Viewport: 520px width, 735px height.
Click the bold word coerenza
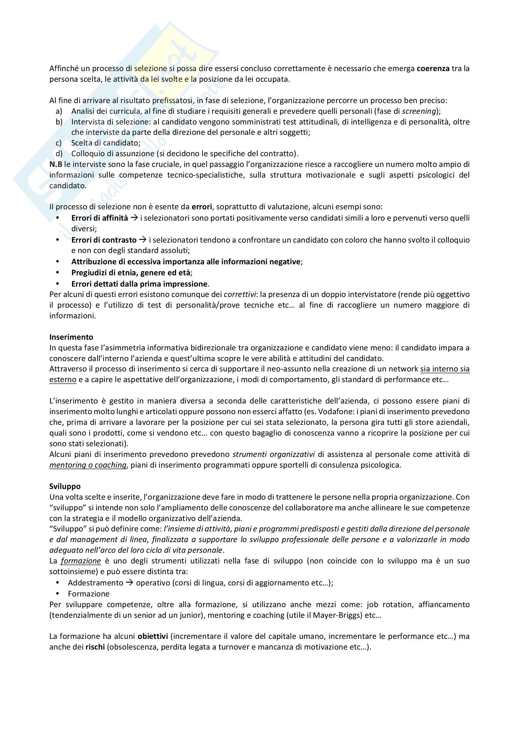click(x=433, y=69)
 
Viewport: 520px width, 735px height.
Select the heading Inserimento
click(x=71, y=337)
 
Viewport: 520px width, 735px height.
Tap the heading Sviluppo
click(x=65, y=486)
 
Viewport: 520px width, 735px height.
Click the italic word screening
click(x=419, y=111)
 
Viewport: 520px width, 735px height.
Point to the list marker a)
click(x=59, y=111)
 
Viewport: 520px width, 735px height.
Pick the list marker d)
click(x=59, y=154)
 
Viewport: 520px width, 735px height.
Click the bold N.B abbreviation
click(x=56, y=165)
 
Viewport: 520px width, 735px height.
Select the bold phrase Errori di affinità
click(x=100, y=218)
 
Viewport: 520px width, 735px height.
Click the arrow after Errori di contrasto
click(x=143, y=240)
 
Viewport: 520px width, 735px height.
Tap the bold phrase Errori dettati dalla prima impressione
click(x=139, y=284)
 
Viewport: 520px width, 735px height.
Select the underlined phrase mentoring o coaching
click(x=88, y=465)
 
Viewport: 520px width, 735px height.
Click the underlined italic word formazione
click(x=81, y=561)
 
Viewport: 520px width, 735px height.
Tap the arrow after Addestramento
click(x=129, y=583)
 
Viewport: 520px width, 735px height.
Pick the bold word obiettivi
click(x=153, y=636)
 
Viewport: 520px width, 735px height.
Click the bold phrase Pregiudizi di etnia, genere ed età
click(x=131, y=273)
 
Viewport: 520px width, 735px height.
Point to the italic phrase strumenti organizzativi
click(x=274, y=455)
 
